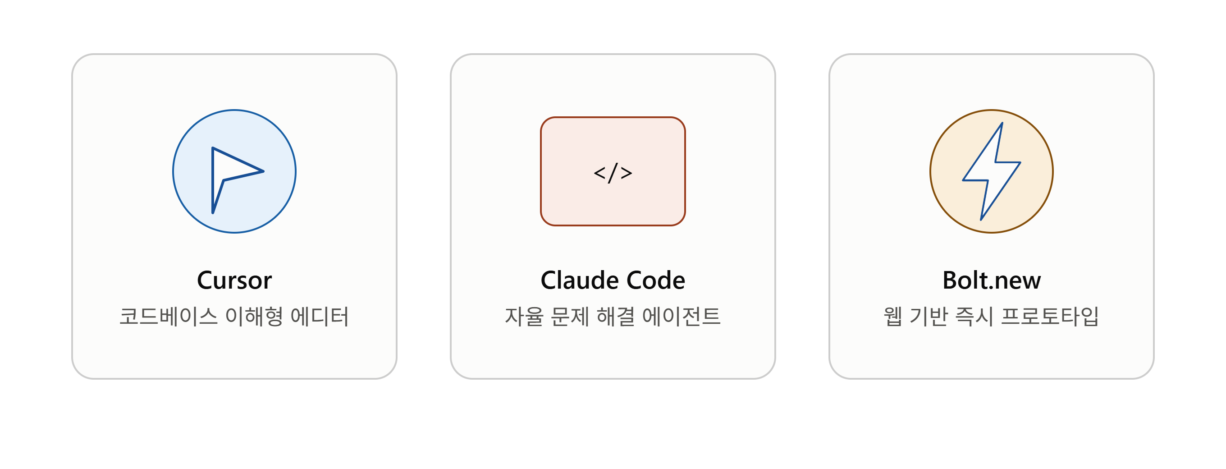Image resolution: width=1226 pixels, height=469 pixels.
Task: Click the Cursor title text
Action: pyautogui.click(x=234, y=280)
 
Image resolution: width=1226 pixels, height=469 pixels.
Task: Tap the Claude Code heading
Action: pyautogui.click(x=613, y=280)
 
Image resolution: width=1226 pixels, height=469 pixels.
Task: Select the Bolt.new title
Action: pyautogui.click(x=991, y=280)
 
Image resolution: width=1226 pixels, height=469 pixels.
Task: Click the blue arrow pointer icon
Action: pyautogui.click(x=237, y=180)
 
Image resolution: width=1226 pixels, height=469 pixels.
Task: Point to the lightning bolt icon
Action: pyautogui.click(x=991, y=171)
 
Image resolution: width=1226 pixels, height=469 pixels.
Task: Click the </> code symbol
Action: pyautogui.click(x=613, y=172)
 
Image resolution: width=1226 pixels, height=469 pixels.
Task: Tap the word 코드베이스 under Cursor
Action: pyautogui.click(x=169, y=316)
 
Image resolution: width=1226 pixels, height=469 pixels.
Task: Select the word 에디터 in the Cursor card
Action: pyautogui.click(x=320, y=316)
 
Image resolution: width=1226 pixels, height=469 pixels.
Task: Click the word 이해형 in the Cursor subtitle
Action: pyautogui.click(x=254, y=316)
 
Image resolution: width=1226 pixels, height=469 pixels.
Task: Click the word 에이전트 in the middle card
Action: pyautogui.click(x=682, y=316)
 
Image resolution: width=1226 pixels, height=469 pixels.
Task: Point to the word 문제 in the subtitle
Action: pyautogui.click(x=570, y=316)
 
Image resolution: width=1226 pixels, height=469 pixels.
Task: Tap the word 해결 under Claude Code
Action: pyautogui.click(x=615, y=316)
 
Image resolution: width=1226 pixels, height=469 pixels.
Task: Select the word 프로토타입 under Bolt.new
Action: pyautogui.click(x=1050, y=316)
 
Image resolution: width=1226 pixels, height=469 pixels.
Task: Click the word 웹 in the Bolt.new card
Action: pyautogui.click(x=893, y=316)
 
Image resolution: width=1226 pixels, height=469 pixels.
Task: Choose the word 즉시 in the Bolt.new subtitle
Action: pyautogui.click(x=974, y=316)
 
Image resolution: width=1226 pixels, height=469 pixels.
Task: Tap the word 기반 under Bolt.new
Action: pyautogui.click(x=929, y=316)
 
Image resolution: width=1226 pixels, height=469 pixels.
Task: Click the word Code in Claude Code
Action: pyautogui.click(x=656, y=280)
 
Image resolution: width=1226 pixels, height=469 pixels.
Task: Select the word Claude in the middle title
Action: pyautogui.click(x=580, y=280)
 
